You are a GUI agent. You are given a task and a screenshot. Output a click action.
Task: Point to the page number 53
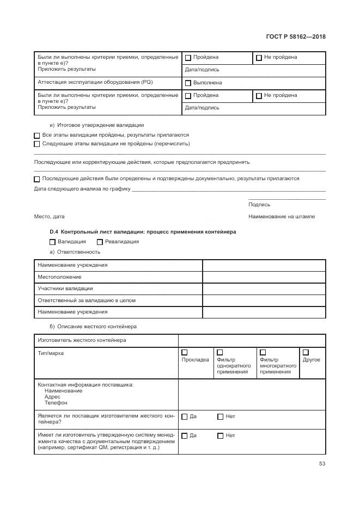pos(322,464)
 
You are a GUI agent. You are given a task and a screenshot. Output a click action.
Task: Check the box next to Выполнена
pos(188,83)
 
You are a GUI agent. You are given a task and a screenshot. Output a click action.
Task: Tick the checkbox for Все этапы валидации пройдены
pos(37,135)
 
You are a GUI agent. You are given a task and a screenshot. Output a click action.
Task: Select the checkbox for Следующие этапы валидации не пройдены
pos(37,144)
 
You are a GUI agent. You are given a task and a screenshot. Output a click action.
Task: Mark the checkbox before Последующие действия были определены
pos(37,179)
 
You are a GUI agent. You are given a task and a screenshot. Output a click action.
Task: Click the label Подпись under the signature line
pos(259,205)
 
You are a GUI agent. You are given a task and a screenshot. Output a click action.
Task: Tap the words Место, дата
pos(49,217)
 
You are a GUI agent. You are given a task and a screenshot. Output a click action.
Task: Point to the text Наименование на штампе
pos(282,217)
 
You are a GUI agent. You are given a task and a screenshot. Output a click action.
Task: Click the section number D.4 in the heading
pos(54,231)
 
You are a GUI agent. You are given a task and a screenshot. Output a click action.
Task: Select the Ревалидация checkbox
pos(100,242)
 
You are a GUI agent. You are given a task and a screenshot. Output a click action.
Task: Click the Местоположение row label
pos(59,277)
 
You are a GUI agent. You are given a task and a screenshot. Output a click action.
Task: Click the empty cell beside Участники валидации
pos(264,289)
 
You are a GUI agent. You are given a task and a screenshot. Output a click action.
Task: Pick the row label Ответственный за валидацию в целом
pos(86,301)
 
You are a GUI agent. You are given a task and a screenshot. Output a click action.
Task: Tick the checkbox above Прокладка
pos(185,352)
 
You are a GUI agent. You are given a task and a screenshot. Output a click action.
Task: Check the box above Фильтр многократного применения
pos(263,352)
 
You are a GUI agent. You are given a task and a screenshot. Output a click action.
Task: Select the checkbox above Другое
pos(306,352)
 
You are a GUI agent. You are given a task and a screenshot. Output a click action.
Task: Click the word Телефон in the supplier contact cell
pos(56,403)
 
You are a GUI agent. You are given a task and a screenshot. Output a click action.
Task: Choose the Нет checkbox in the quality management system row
pos(221,436)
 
